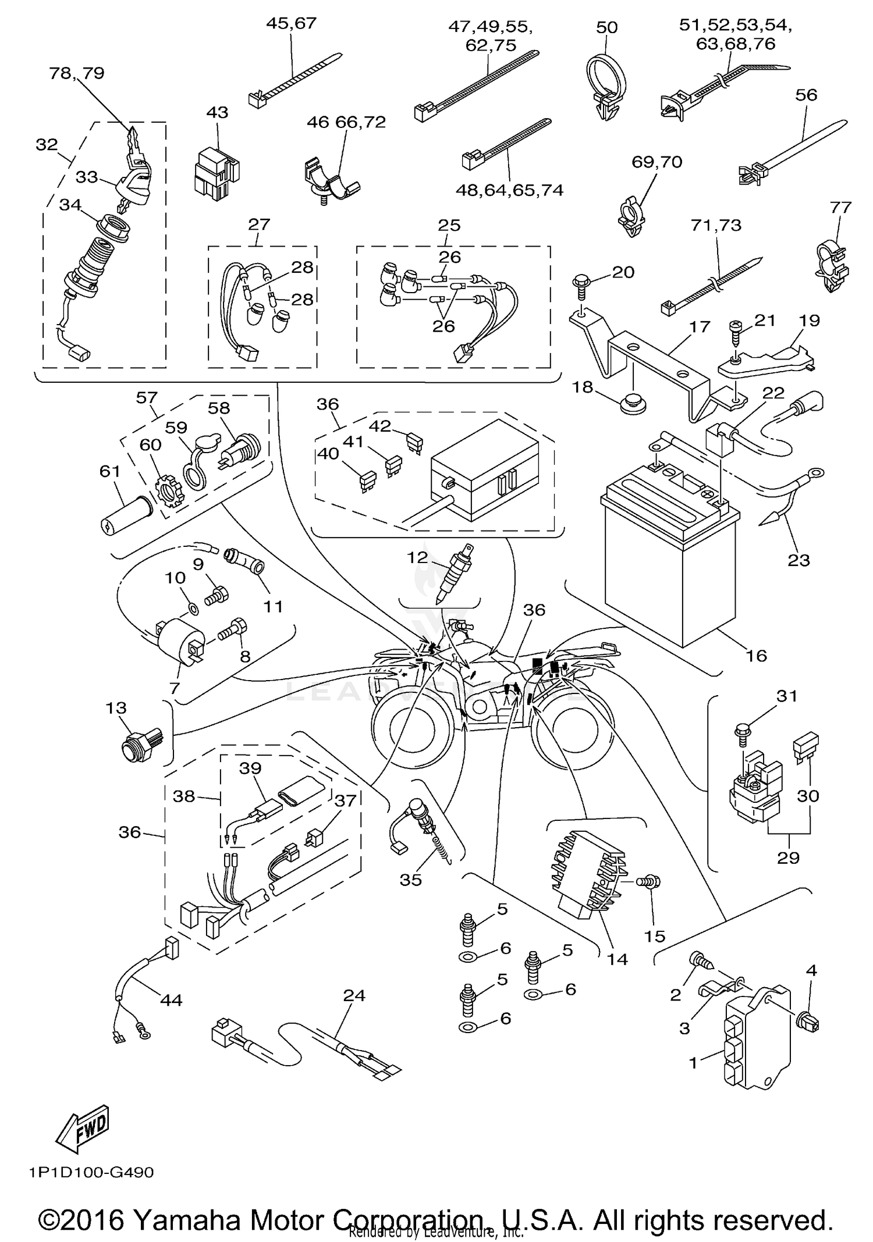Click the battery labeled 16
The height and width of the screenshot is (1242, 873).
point(669,558)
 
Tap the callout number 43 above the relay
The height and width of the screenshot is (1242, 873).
point(218,112)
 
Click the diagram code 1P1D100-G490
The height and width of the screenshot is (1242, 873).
point(91,1172)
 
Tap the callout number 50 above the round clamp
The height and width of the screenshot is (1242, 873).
point(606,27)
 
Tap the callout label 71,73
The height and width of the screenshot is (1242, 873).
point(716,225)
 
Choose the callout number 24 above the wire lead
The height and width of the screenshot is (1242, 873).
point(354,995)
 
